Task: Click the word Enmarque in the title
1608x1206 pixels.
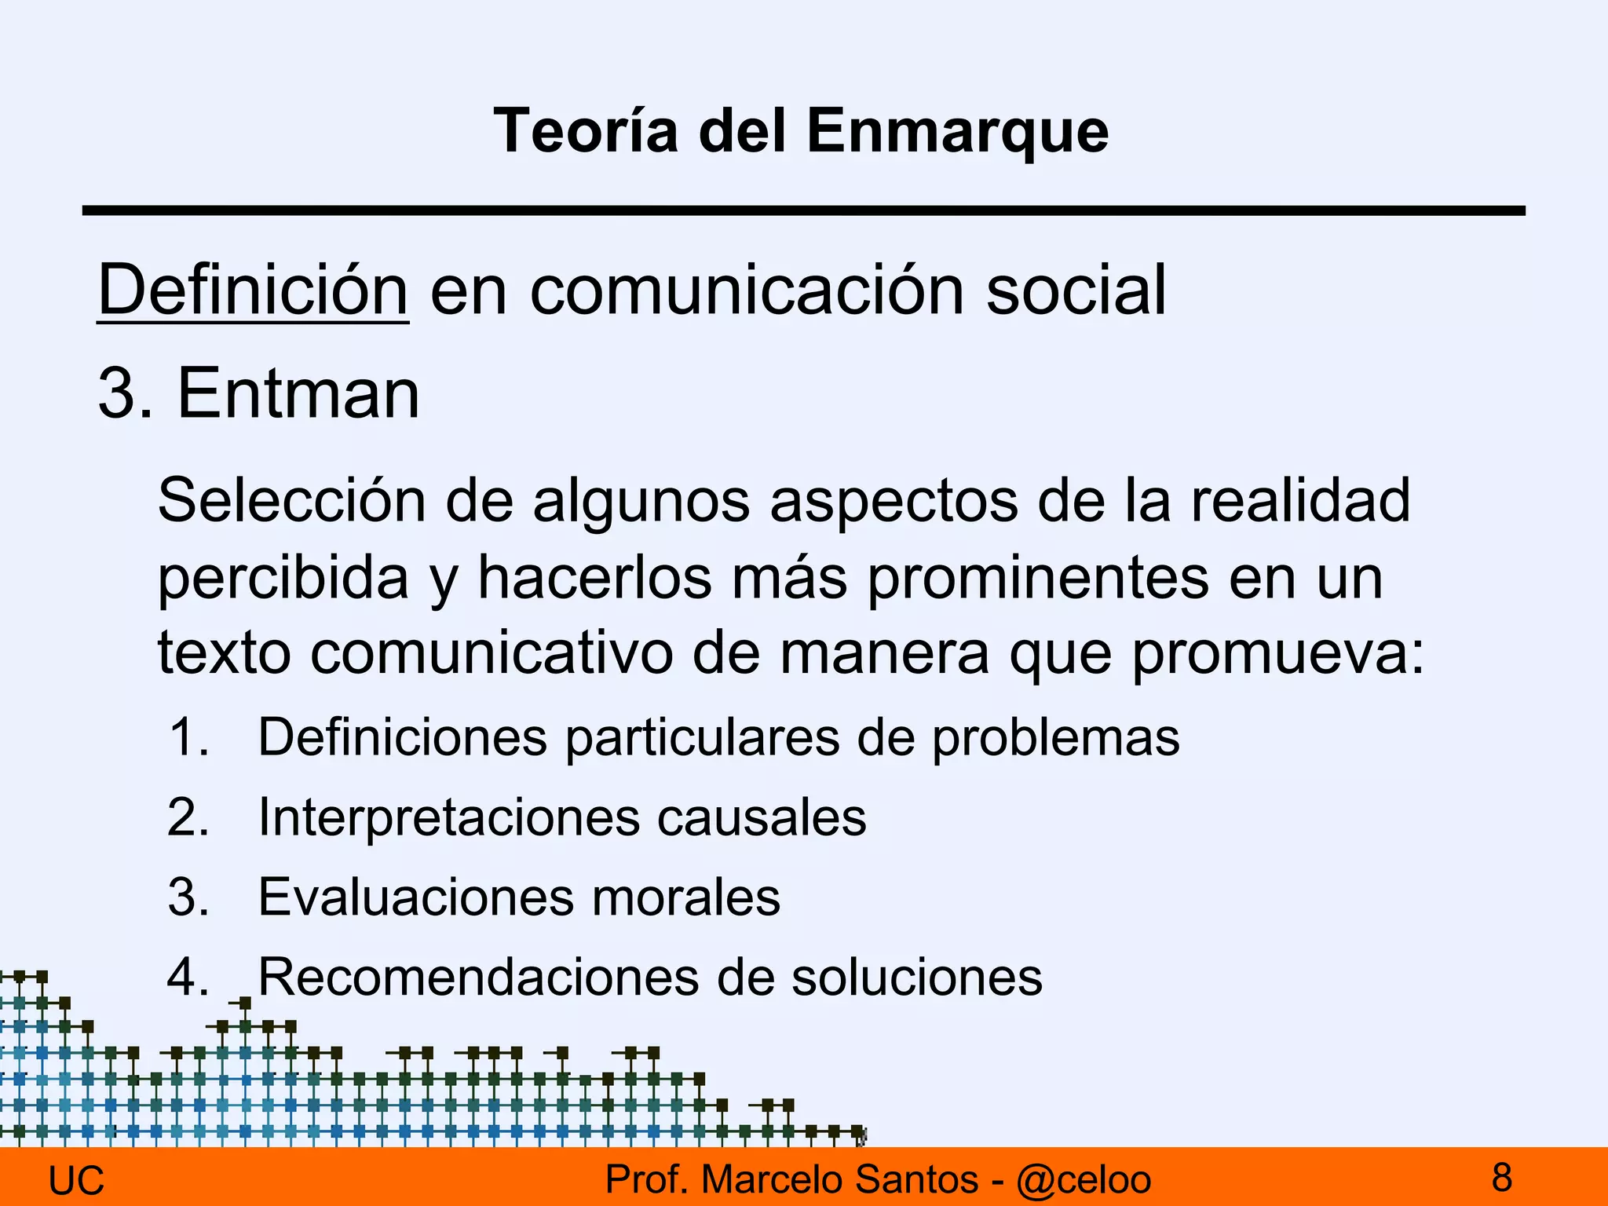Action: coord(957,131)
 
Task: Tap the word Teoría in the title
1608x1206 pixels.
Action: coord(586,131)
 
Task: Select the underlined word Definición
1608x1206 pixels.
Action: coord(253,291)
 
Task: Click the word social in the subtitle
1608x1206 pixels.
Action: coord(1076,291)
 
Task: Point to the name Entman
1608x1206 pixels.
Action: coord(298,393)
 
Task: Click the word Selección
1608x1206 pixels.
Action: coord(291,500)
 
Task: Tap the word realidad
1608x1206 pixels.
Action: coord(1301,500)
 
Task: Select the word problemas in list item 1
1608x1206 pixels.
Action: coord(1055,738)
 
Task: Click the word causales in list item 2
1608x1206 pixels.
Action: coord(761,817)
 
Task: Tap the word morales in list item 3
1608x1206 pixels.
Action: coord(685,897)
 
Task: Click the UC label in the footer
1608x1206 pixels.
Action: coord(76,1181)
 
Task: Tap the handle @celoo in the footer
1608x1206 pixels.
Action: coord(1084,1180)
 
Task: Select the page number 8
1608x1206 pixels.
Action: coord(1502,1178)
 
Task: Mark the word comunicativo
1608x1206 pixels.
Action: coord(492,654)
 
